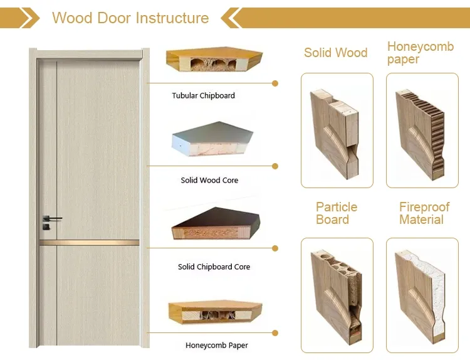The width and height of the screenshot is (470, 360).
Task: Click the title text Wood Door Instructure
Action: [130, 18]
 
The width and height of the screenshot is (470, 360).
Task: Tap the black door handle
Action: [51, 218]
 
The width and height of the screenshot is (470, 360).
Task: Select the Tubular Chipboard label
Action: [204, 96]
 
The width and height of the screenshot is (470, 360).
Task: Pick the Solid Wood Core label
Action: [209, 181]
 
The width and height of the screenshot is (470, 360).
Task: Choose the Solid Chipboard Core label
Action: [214, 267]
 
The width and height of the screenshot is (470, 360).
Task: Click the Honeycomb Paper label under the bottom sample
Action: [217, 346]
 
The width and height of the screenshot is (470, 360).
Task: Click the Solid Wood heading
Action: [336, 53]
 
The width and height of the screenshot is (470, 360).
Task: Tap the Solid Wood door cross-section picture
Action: [337, 130]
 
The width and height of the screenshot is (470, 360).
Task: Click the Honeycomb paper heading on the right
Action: [420, 53]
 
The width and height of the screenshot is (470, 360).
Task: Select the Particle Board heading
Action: [337, 213]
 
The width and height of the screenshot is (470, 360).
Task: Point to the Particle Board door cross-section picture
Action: [337, 295]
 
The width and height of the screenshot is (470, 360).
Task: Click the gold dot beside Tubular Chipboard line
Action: [275, 83]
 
